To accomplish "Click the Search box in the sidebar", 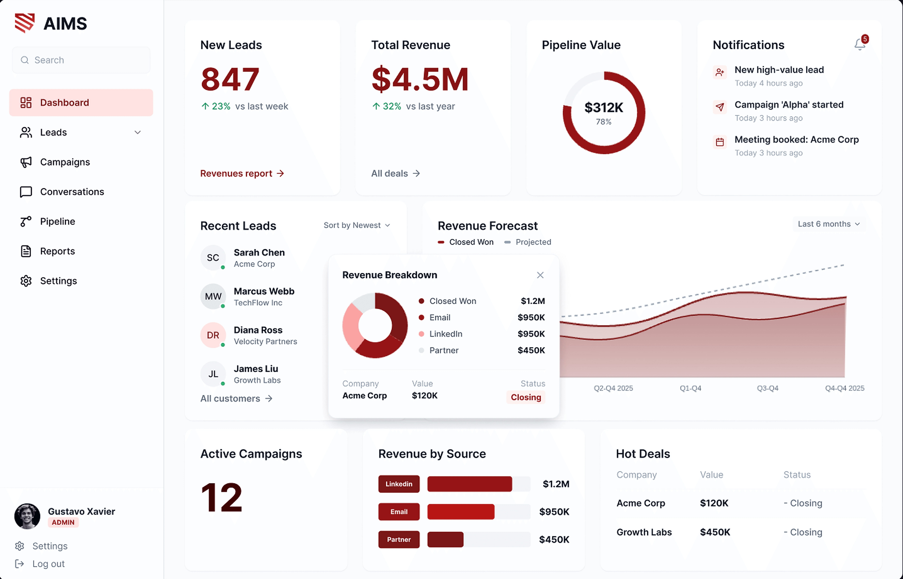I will point(81,60).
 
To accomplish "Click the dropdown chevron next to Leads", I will point(137,132).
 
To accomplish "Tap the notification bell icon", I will point(859,44).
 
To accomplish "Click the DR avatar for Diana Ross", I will point(213,335).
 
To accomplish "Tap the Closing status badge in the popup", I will point(525,397).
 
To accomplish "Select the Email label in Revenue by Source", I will point(399,512).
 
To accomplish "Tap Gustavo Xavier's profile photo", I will point(27,516).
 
